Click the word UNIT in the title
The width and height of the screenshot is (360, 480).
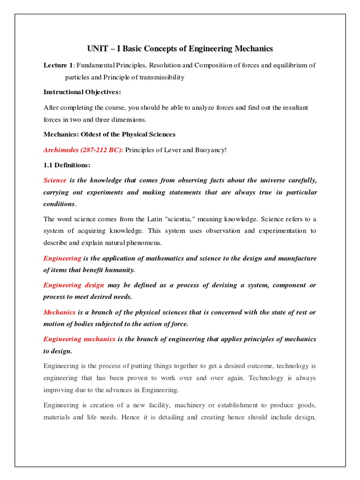[x=97, y=49]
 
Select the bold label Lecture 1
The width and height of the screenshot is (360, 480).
[x=56, y=65]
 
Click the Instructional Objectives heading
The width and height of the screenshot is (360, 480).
[x=82, y=92]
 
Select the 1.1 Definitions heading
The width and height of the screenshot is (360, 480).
[x=67, y=165]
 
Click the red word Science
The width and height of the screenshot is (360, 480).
[x=55, y=180]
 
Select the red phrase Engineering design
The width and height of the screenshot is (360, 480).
[x=74, y=285]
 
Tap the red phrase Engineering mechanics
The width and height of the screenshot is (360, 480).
[x=79, y=339]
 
